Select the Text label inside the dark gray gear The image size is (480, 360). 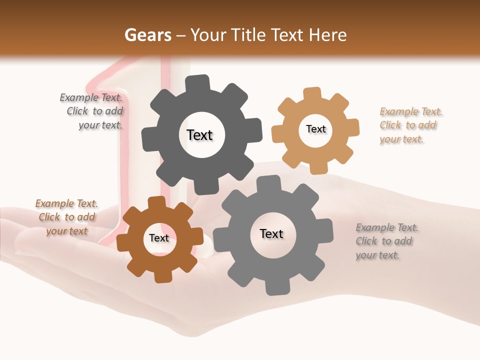[x=199, y=135]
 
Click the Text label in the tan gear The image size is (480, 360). [x=315, y=129]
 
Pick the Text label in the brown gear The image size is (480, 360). [x=159, y=238]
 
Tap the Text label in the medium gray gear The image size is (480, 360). [x=271, y=233]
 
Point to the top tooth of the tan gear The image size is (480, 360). [x=312, y=94]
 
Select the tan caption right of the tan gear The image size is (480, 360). [x=408, y=125]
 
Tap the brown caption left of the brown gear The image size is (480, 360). [x=67, y=217]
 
